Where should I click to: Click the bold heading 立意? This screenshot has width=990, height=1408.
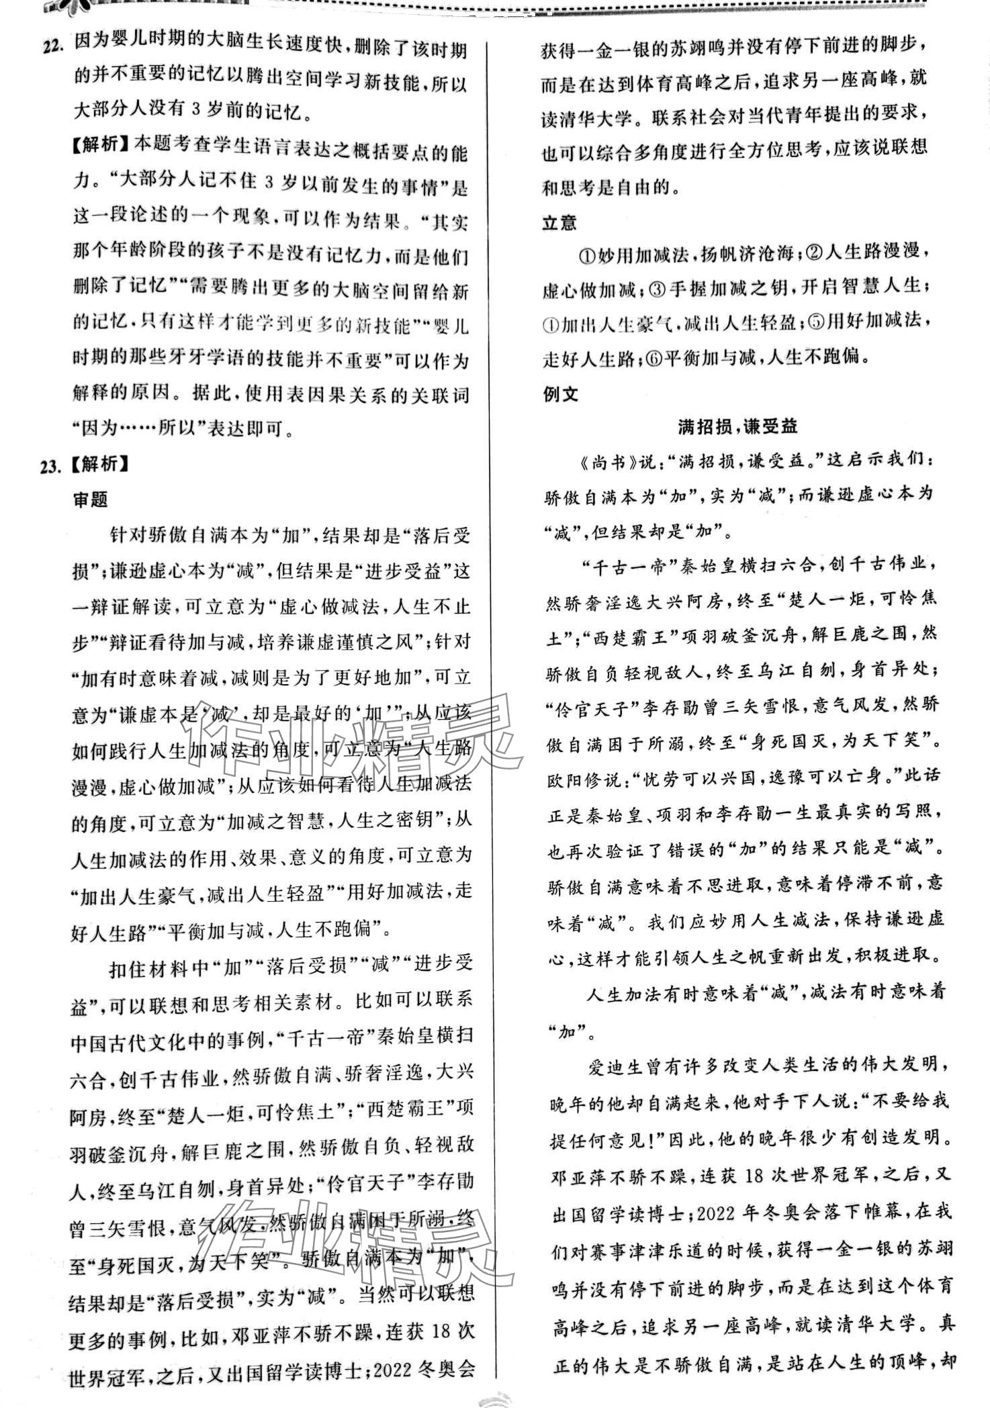(559, 223)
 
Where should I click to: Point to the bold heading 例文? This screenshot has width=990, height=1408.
(559, 394)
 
